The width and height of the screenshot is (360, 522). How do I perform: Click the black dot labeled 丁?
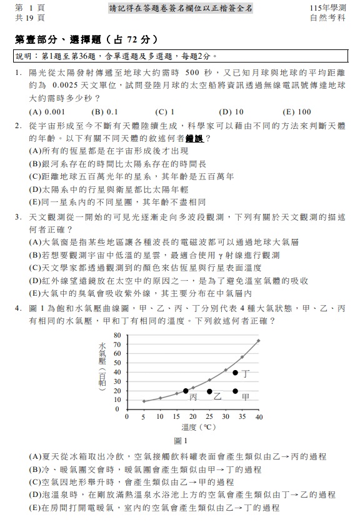pos(235,373)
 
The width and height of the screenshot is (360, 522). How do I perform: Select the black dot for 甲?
pos(235,391)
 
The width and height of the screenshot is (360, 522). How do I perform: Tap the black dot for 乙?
pos(209,391)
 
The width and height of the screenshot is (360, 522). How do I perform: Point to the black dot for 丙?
pos(186,391)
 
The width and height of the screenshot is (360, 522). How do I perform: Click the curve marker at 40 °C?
pos(258,341)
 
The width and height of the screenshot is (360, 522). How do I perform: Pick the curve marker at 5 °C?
pos(144,401)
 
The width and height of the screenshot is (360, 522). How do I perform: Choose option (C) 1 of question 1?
pos(166,112)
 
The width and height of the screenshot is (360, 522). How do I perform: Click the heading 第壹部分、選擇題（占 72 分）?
pos(84,39)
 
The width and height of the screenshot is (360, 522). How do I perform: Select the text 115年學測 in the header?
pos(327,8)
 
